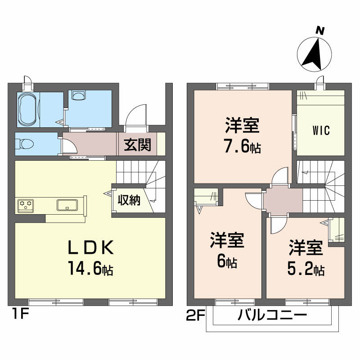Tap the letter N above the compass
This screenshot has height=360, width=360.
[x=320, y=31]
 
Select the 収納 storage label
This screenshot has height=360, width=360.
[x=130, y=200]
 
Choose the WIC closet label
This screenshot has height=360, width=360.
[x=321, y=131]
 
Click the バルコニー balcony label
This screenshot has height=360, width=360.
[x=272, y=315]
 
